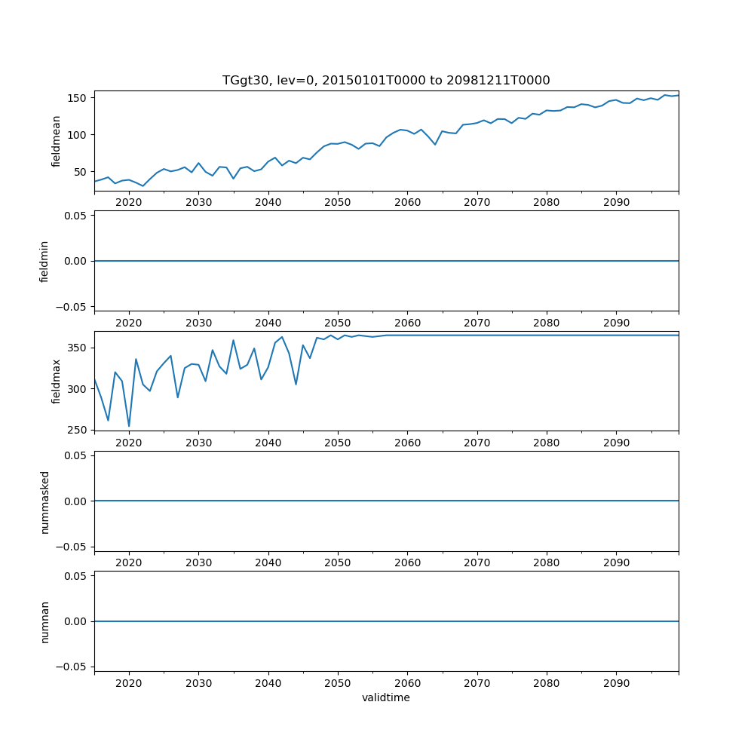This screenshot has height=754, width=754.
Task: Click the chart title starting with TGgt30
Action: tap(386, 80)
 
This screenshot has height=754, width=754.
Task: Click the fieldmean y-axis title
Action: tap(56, 141)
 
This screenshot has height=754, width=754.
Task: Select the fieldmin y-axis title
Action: tap(44, 261)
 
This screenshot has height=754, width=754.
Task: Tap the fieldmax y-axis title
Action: tap(56, 381)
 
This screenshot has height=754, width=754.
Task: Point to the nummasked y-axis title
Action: tap(44, 501)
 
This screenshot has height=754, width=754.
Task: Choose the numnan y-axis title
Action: tap(44, 621)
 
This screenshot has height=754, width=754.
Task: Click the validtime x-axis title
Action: tap(386, 697)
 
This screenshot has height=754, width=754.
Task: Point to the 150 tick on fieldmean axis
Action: tap(78, 98)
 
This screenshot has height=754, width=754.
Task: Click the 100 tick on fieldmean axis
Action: tap(78, 135)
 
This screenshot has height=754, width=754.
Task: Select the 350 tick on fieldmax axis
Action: tap(78, 348)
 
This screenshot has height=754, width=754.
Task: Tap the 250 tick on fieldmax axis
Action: tap(78, 430)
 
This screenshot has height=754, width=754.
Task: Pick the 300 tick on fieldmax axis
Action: tap(78, 389)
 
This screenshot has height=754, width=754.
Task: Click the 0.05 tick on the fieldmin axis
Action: tap(75, 216)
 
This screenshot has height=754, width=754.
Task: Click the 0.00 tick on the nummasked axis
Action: tap(75, 501)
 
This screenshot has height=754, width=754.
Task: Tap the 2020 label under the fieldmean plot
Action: tap(129, 203)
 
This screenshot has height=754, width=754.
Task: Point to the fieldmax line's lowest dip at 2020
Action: tap(129, 426)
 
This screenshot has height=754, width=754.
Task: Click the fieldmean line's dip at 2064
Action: tap(435, 144)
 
